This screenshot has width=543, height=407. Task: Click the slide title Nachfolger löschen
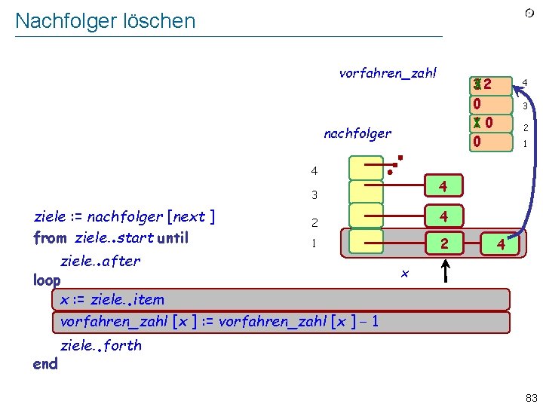(105, 21)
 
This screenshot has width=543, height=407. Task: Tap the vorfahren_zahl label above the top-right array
(388, 73)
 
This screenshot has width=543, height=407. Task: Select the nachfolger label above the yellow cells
(357, 133)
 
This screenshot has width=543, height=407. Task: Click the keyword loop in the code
(47, 280)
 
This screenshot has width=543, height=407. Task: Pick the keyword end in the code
(45, 363)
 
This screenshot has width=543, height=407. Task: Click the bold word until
(172, 238)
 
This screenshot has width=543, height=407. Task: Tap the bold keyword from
(51, 238)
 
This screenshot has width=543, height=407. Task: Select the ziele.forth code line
(100, 346)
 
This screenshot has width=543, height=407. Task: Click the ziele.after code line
(100, 262)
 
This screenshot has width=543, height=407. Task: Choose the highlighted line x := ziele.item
(112, 299)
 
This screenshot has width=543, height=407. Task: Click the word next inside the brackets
(189, 217)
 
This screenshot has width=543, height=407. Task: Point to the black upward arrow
(446, 265)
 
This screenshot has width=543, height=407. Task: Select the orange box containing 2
(444, 243)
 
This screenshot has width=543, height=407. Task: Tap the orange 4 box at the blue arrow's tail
(500, 244)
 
